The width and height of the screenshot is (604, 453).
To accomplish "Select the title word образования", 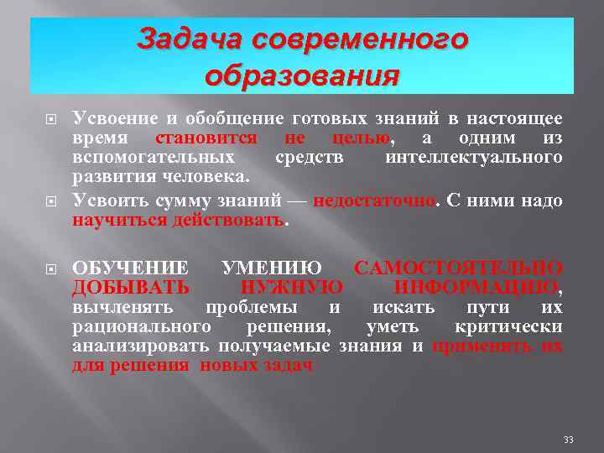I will [x=301, y=76].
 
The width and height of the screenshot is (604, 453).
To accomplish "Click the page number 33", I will [x=569, y=440].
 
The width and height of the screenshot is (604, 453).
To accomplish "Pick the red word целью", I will [x=359, y=138].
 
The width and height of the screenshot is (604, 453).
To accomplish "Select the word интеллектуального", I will [x=473, y=158].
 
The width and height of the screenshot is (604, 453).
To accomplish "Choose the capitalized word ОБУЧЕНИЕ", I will [x=130, y=268].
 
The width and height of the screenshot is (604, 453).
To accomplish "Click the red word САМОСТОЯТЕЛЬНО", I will [x=458, y=268].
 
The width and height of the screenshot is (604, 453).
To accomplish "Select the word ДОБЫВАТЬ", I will [x=130, y=288].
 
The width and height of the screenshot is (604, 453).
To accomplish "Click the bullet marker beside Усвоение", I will [x=51, y=119].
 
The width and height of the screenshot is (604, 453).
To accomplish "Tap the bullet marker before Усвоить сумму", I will [x=51, y=201].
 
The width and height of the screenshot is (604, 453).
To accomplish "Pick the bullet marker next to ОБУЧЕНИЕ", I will [x=51, y=268].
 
